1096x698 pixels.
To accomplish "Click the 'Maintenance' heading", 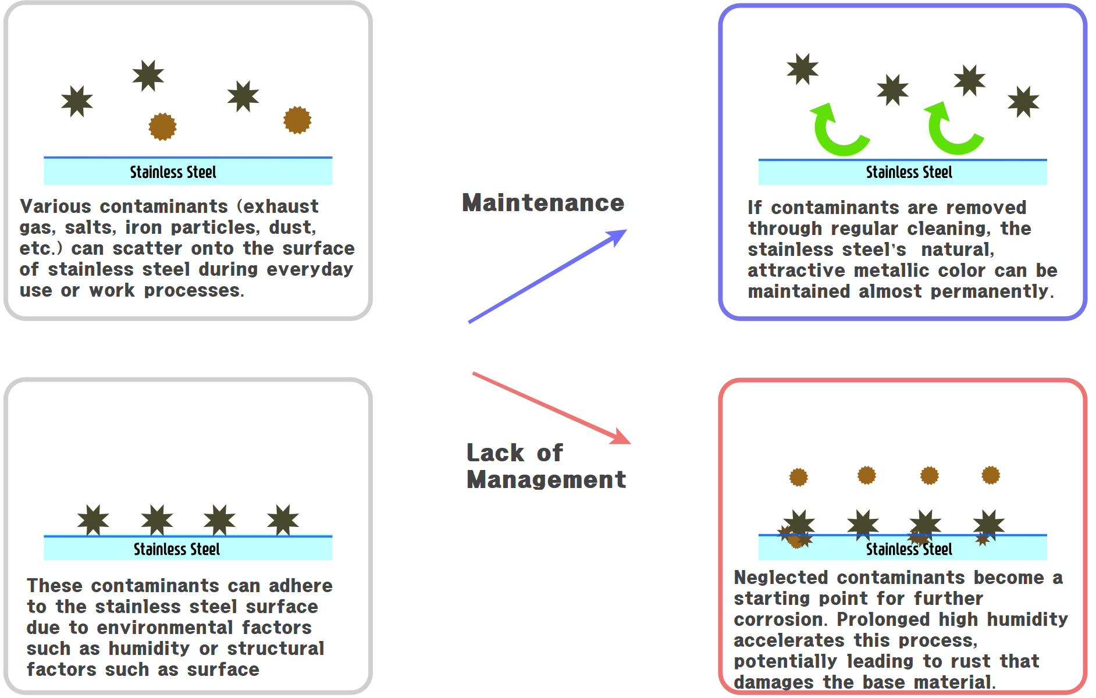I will (x=543, y=203).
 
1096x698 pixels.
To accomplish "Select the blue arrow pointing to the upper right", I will (x=547, y=276).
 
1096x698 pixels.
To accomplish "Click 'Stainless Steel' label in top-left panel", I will (x=173, y=172).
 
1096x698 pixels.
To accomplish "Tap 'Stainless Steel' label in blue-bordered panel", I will (x=909, y=172).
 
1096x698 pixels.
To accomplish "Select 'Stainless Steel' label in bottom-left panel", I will (x=177, y=549).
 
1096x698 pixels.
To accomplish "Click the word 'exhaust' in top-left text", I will (x=281, y=206).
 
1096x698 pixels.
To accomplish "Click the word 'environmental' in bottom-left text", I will (x=165, y=628).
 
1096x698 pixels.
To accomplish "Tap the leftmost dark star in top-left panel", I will (x=77, y=101).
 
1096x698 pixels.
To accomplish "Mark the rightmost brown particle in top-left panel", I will (x=297, y=120).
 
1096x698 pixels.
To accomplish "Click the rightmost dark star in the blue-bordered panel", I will (x=1023, y=102).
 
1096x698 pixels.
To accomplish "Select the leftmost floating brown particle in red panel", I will (x=799, y=478).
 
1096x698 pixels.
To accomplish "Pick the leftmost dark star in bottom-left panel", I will (x=93, y=519).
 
